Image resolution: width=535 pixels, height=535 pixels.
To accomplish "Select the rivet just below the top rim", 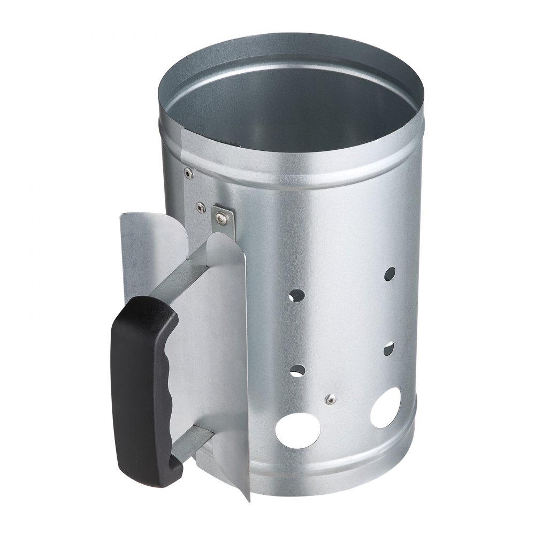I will click(x=187, y=172).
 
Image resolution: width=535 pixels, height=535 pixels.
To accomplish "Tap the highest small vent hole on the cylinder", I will click(x=391, y=274).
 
